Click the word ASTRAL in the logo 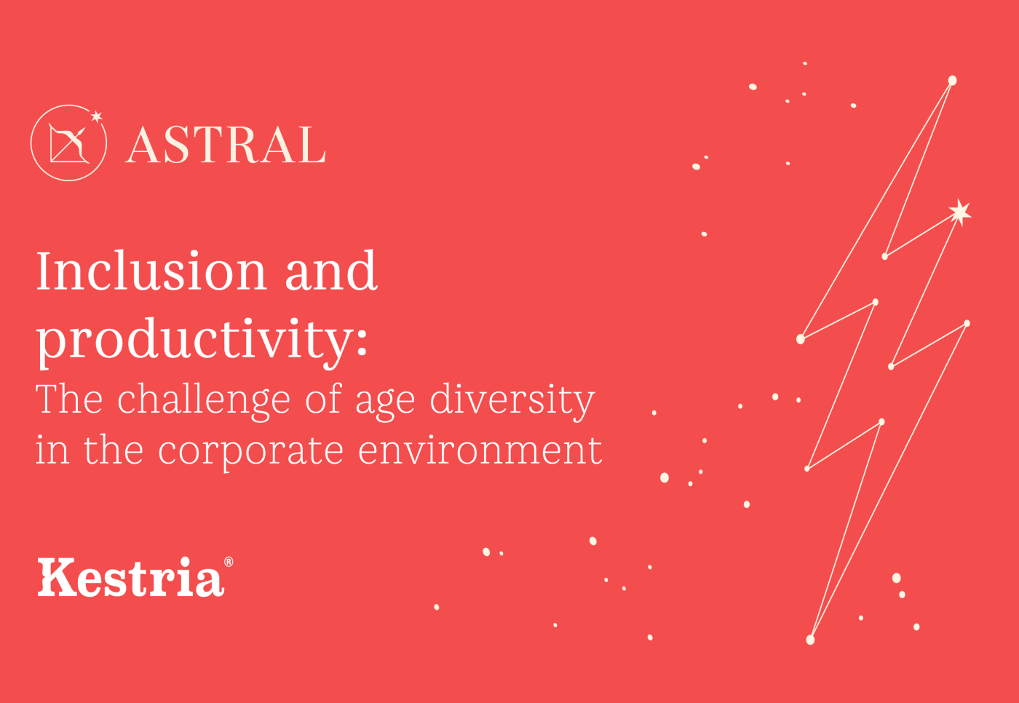tap(226, 145)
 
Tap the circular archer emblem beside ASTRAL tap(68, 143)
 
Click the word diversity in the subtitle tap(512, 401)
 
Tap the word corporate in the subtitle tap(250, 451)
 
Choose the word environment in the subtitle tap(480, 450)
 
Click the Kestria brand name tap(131, 579)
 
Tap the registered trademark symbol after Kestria tap(229, 562)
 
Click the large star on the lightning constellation tap(960, 212)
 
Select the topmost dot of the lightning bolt tap(952, 80)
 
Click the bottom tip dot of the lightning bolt tap(810, 640)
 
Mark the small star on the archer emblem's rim tap(96, 116)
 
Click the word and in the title tap(331, 271)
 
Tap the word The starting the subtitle tap(69, 400)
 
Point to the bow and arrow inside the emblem tap(68, 143)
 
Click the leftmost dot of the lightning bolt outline tap(801, 339)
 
